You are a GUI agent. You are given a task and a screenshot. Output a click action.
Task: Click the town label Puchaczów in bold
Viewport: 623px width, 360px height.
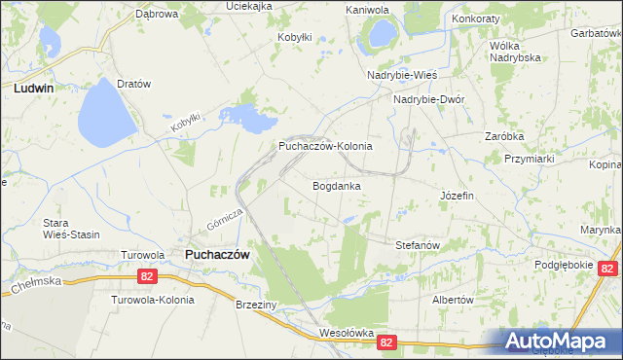[217, 254]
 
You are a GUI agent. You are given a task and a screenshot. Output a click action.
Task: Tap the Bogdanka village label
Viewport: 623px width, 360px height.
[337, 185]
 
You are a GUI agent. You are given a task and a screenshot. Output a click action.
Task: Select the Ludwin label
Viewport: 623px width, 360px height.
[34, 88]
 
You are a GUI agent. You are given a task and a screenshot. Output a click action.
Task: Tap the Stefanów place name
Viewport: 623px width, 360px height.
[421, 245]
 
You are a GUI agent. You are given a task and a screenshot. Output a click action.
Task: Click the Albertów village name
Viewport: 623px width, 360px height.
[452, 300]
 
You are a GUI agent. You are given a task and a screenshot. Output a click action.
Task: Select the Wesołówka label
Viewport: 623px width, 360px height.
[347, 333]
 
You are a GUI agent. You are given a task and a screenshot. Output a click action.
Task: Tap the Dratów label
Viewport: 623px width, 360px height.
[133, 84]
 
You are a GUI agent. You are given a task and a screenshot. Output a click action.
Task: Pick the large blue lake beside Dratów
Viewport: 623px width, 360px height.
[107, 112]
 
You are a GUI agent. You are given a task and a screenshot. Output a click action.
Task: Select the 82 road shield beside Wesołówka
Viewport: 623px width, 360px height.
[386, 342]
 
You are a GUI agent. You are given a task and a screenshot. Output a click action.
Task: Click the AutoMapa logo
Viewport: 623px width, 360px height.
[563, 342]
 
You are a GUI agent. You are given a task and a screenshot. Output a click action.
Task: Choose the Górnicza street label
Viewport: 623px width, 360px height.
[223, 223]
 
